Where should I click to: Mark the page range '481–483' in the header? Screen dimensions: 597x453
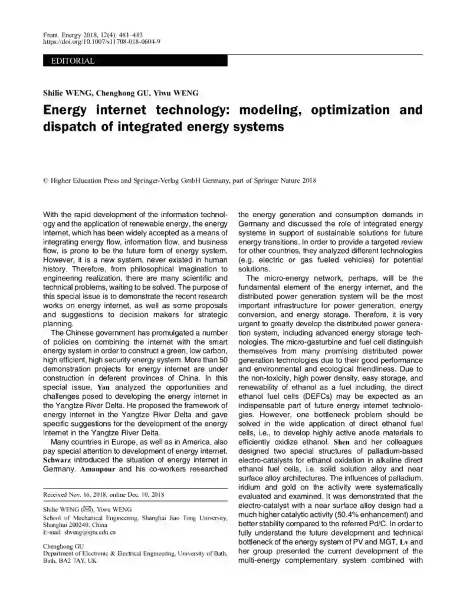coord(111,35)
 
